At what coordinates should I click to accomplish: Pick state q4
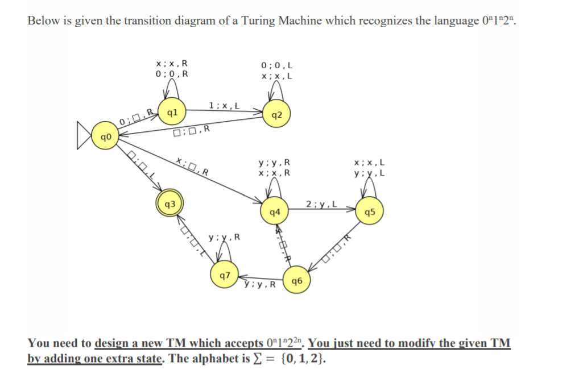(x=275, y=212)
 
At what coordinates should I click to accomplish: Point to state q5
(x=370, y=212)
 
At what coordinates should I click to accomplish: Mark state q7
(x=225, y=276)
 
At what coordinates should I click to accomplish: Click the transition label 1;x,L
(x=224, y=105)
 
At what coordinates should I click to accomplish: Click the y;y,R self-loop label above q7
(x=225, y=237)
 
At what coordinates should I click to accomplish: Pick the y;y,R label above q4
(x=275, y=163)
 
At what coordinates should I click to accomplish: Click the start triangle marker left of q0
(x=86, y=138)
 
